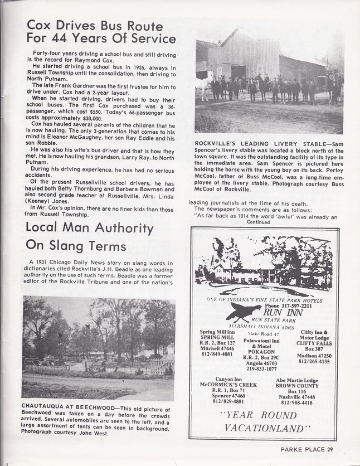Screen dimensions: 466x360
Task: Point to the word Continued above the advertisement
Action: point(258,221)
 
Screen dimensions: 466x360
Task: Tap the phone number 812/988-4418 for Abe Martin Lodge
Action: point(300,402)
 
